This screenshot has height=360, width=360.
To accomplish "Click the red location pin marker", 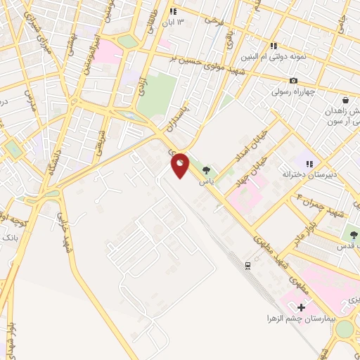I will [x=181, y=165].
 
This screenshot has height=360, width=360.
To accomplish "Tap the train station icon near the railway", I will [x=247, y=265].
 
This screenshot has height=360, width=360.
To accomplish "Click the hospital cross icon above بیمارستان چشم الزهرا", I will [x=302, y=307].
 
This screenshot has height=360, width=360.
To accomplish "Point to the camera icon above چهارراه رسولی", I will [x=293, y=81].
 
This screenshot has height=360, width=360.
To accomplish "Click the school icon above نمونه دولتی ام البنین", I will [x=274, y=46].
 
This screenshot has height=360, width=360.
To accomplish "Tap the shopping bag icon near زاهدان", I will [x=345, y=101].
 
